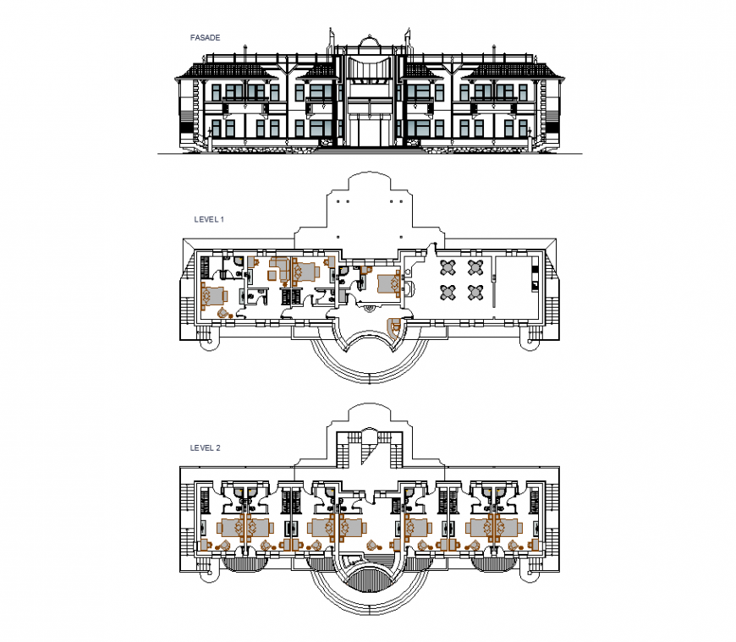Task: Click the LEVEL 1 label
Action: [x=207, y=219]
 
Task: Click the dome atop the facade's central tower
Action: [x=368, y=41]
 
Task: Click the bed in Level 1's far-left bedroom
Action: [x=213, y=295]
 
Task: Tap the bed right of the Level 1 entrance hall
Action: [x=387, y=283]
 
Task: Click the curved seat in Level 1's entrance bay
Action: [x=394, y=326]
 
